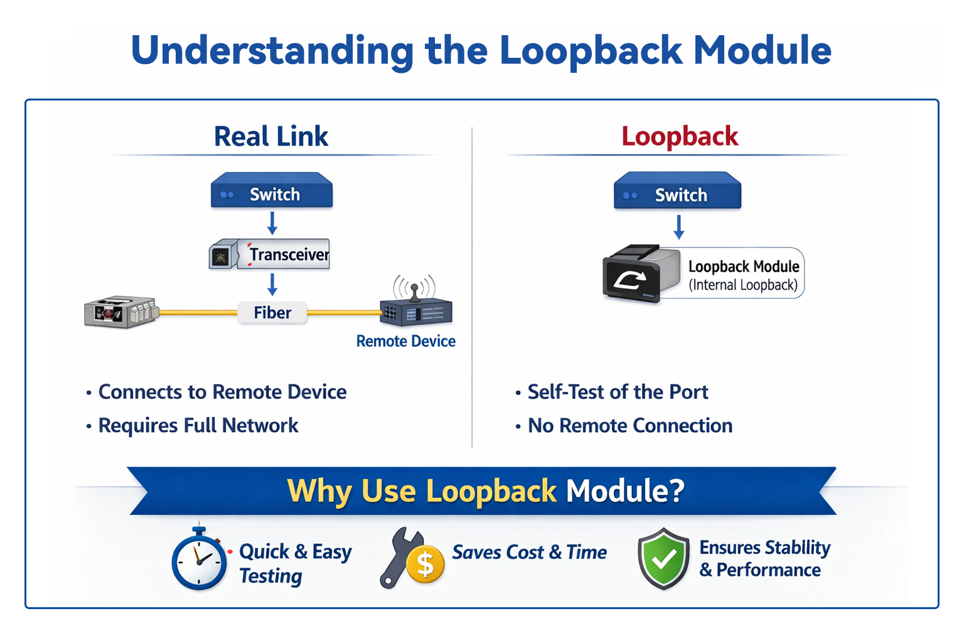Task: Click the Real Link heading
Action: (x=270, y=136)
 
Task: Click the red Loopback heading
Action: (x=680, y=136)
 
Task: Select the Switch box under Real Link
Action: (x=272, y=193)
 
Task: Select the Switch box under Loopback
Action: (x=677, y=193)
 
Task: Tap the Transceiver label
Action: (x=289, y=254)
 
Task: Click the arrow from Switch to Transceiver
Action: (x=272, y=223)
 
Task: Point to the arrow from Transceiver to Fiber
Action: (x=272, y=284)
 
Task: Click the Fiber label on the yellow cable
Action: (x=272, y=312)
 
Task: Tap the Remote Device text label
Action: (x=405, y=341)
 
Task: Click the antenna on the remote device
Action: (x=414, y=288)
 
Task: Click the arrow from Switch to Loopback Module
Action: (x=678, y=227)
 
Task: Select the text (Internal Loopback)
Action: (x=743, y=285)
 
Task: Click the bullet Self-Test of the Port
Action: (x=618, y=392)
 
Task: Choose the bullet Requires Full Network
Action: (x=198, y=426)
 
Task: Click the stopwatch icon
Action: (x=200, y=559)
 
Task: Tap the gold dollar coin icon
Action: (x=425, y=564)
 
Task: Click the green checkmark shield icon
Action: (x=663, y=558)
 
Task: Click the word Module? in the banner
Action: (x=624, y=490)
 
